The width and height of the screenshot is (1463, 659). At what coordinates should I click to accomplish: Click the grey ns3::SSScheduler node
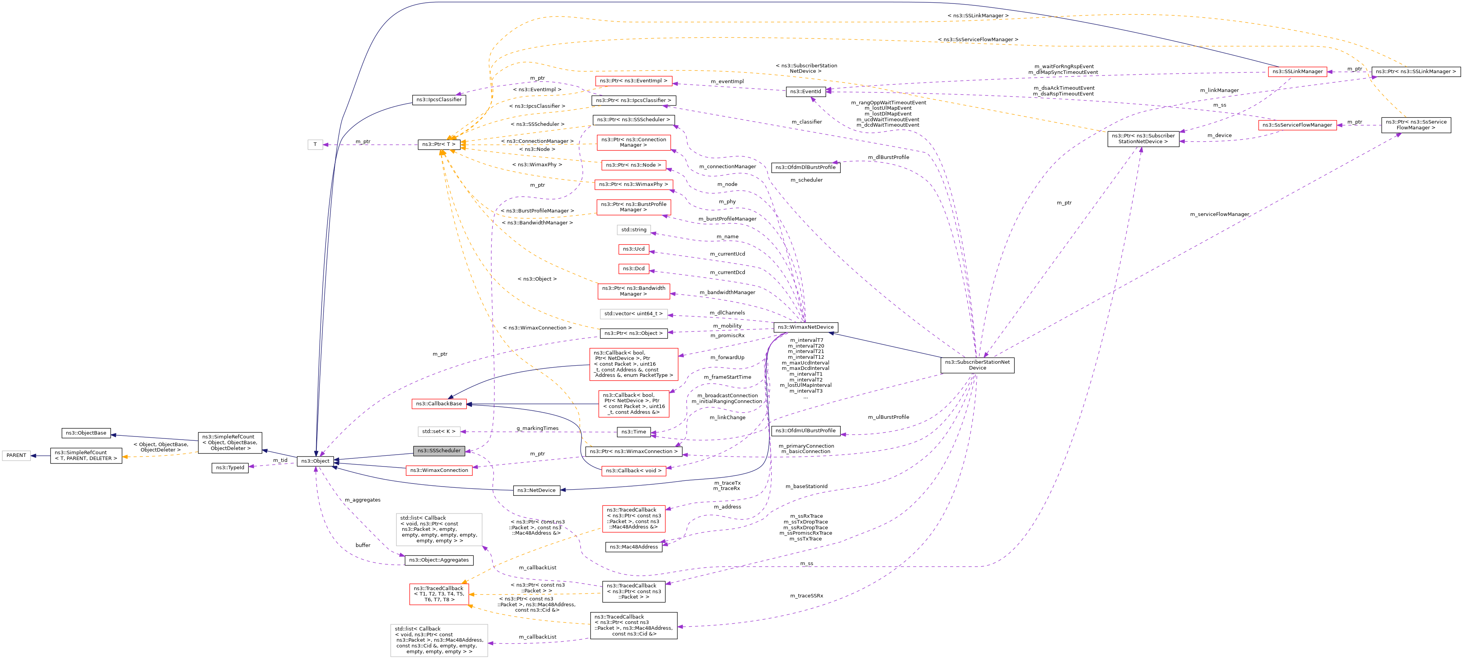tap(439, 451)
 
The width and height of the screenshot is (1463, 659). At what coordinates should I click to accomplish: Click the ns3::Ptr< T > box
tap(439, 144)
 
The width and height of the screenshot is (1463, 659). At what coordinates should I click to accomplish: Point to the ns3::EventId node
tap(805, 91)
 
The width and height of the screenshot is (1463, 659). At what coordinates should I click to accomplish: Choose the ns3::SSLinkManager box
tap(1297, 72)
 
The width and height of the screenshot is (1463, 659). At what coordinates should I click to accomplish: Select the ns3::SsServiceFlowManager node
tap(1297, 125)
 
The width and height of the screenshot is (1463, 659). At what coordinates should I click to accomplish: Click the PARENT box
tap(17, 455)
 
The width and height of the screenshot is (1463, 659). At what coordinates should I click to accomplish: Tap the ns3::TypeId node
tap(230, 468)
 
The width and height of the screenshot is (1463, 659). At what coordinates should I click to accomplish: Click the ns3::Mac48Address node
tap(634, 547)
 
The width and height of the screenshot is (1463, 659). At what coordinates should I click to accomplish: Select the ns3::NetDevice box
tap(536, 490)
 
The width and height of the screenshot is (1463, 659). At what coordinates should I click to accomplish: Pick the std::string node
tap(634, 230)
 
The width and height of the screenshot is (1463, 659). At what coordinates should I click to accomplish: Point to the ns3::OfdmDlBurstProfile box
tap(805, 167)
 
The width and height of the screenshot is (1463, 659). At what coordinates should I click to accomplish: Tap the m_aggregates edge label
tap(362, 500)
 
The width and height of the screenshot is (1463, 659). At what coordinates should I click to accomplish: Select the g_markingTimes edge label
tap(537, 428)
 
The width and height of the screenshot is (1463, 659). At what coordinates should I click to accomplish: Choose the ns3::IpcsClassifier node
tap(439, 100)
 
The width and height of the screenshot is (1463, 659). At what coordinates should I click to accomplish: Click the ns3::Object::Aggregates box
tap(439, 560)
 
